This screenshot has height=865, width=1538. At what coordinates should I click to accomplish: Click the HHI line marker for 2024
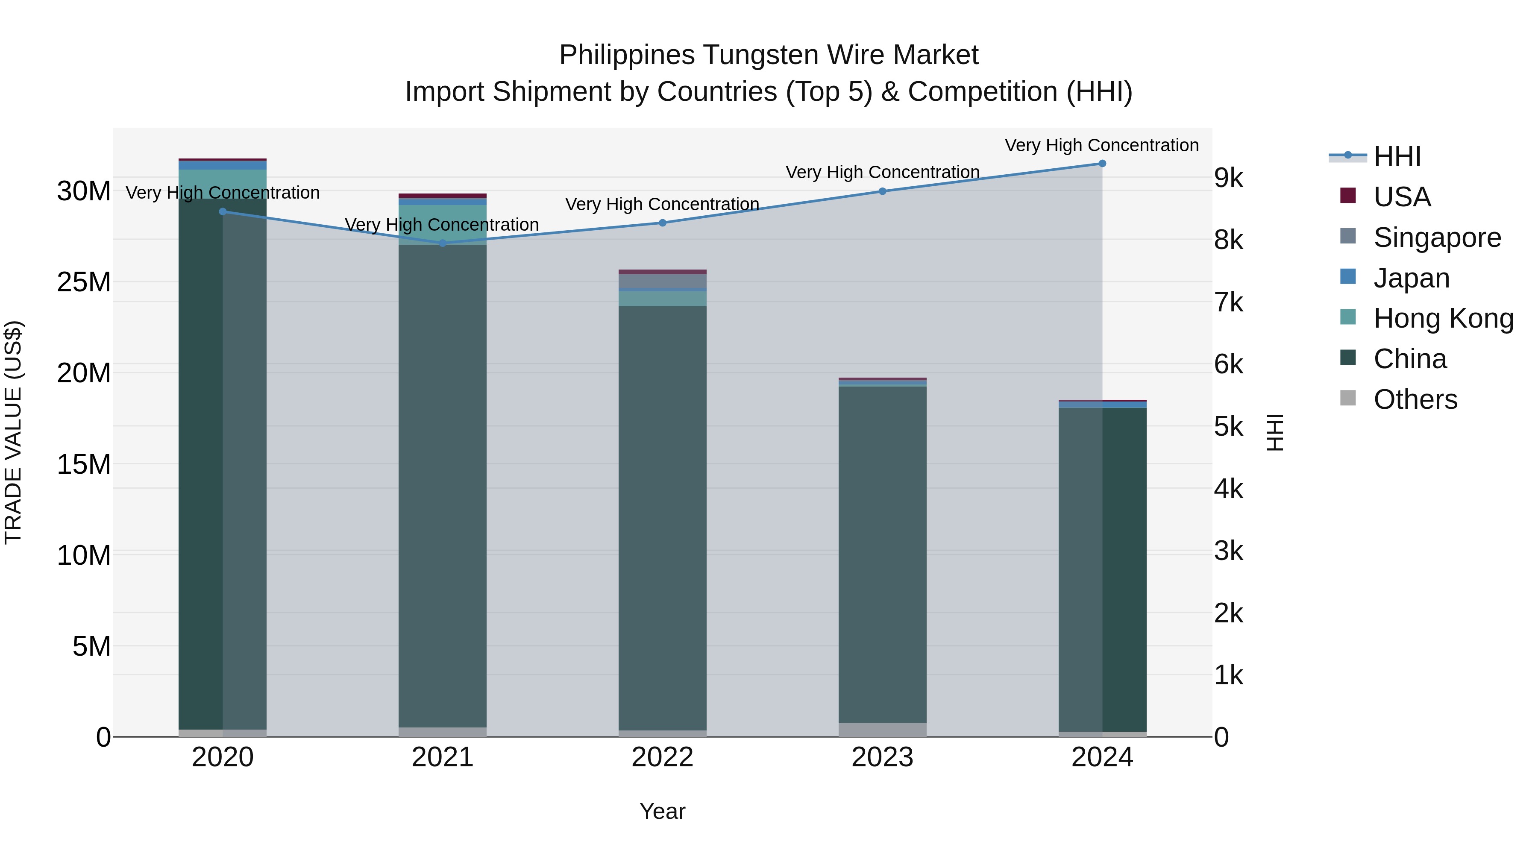point(1102,164)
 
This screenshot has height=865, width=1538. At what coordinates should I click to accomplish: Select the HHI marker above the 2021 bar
point(443,243)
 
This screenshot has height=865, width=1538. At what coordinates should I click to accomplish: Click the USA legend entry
point(1401,197)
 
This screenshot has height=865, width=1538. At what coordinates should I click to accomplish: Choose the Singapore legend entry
point(1436,238)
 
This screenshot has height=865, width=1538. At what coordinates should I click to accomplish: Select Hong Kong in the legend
point(1443,318)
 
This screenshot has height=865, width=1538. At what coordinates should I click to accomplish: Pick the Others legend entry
point(1415,399)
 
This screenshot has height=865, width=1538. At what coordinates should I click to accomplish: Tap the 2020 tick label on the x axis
point(223,757)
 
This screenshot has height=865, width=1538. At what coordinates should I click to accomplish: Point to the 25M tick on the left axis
point(84,282)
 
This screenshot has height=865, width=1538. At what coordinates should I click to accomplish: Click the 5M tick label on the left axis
point(91,647)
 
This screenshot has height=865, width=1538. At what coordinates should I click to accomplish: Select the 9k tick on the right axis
point(1228,179)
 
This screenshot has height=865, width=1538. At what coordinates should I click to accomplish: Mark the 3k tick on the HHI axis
point(1228,551)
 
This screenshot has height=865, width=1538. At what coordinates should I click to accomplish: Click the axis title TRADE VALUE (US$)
point(13,432)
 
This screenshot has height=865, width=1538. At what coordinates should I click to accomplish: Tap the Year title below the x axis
point(662,811)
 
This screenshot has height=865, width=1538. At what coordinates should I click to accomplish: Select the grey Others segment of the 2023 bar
point(883,730)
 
